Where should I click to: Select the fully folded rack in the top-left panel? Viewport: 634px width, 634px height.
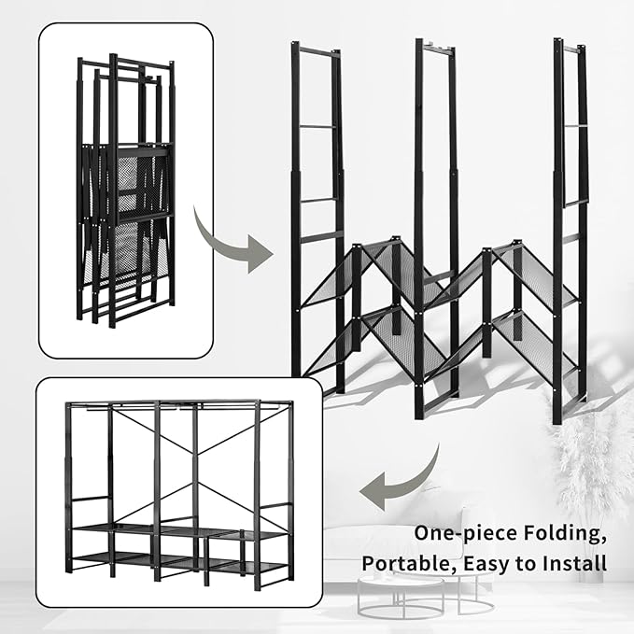125,191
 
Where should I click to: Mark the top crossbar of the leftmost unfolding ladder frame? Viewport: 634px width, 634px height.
317,53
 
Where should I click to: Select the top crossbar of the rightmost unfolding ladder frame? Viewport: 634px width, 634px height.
571,46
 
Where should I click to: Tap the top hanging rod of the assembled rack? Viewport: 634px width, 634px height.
177,406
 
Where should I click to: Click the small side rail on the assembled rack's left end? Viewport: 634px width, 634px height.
86,499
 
